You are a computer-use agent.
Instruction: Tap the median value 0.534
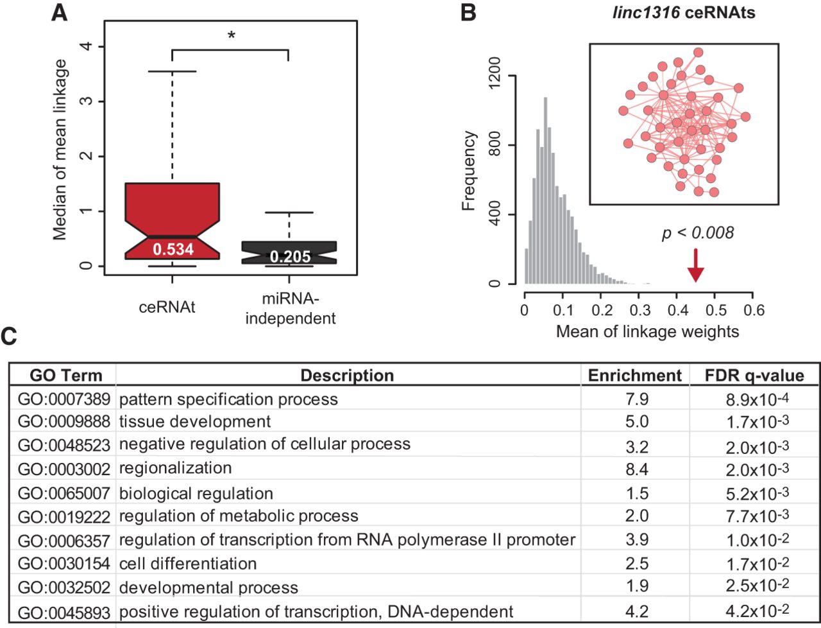tap(173, 249)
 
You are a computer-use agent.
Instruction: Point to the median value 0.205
tap(290, 257)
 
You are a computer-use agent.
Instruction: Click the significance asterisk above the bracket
tap(231, 36)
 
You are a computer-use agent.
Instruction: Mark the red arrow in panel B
tap(696, 266)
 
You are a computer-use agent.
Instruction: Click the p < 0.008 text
tap(697, 233)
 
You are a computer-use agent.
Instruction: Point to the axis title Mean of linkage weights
tap(647, 332)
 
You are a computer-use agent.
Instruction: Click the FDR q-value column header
tap(754, 375)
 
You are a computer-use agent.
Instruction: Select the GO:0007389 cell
tap(64, 399)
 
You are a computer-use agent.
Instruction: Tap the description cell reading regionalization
tap(175, 467)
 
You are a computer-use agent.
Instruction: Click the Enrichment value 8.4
tap(636, 469)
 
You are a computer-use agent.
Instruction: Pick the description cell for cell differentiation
tap(188, 564)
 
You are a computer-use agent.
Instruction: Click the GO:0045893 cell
tap(64, 612)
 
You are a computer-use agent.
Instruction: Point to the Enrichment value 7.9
tap(636, 399)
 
